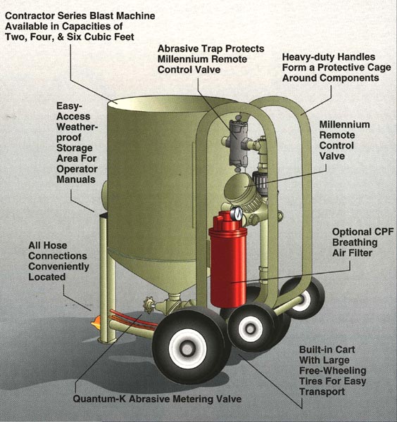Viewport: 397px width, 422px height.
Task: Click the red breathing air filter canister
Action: [228, 260]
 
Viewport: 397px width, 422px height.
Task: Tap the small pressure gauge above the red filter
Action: [237, 213]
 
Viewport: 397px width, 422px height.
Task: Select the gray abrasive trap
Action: [239, 143]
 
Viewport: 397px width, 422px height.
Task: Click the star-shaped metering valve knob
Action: [149, 305]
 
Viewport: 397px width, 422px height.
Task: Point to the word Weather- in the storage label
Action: [77, 127]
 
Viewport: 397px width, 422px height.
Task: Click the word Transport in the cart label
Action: [322, 392]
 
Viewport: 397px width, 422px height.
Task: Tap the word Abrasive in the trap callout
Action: [176, 49]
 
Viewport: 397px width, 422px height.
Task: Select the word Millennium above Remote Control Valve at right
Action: [344, 124]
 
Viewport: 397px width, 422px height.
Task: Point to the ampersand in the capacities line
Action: [61, 37]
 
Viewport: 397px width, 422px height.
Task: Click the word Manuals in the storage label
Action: [76, 179]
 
